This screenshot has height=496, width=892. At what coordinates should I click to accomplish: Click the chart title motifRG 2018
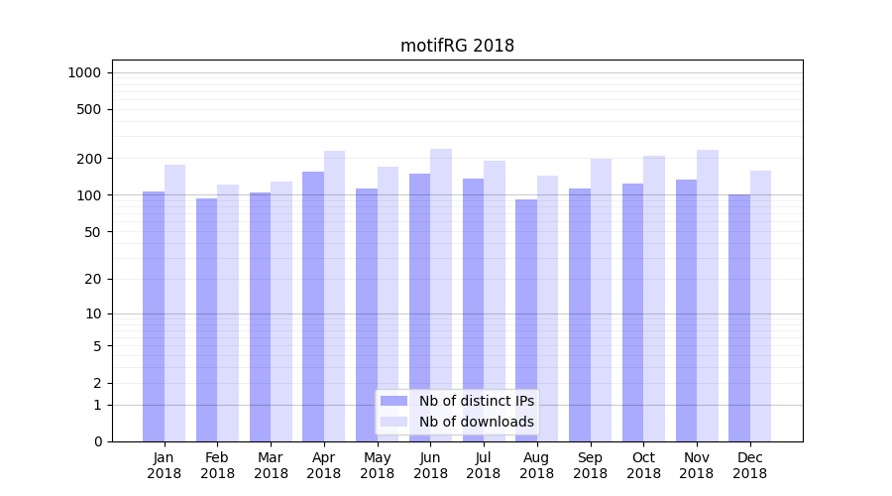click(457, 46)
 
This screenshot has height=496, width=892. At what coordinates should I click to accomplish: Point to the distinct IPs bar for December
click(739, 317)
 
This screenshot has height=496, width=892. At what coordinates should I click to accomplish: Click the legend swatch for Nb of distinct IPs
click(394, 401)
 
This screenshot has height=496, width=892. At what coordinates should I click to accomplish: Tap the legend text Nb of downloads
click(477, 422)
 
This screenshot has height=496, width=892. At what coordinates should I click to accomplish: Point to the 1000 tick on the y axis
click(83, 72)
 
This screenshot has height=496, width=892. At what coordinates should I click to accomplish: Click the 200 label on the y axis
click(90, 159)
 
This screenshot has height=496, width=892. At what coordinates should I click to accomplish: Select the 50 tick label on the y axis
click(93, 232)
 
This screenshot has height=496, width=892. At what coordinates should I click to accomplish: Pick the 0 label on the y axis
click(97, 441)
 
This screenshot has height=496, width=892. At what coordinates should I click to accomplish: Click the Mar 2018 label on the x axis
click(271, 465)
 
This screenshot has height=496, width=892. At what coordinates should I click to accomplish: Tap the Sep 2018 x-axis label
click(590, 465)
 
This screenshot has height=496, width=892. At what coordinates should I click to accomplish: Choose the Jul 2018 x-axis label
click(484, 465)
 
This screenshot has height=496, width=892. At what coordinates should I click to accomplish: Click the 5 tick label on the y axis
click(97, 346)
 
